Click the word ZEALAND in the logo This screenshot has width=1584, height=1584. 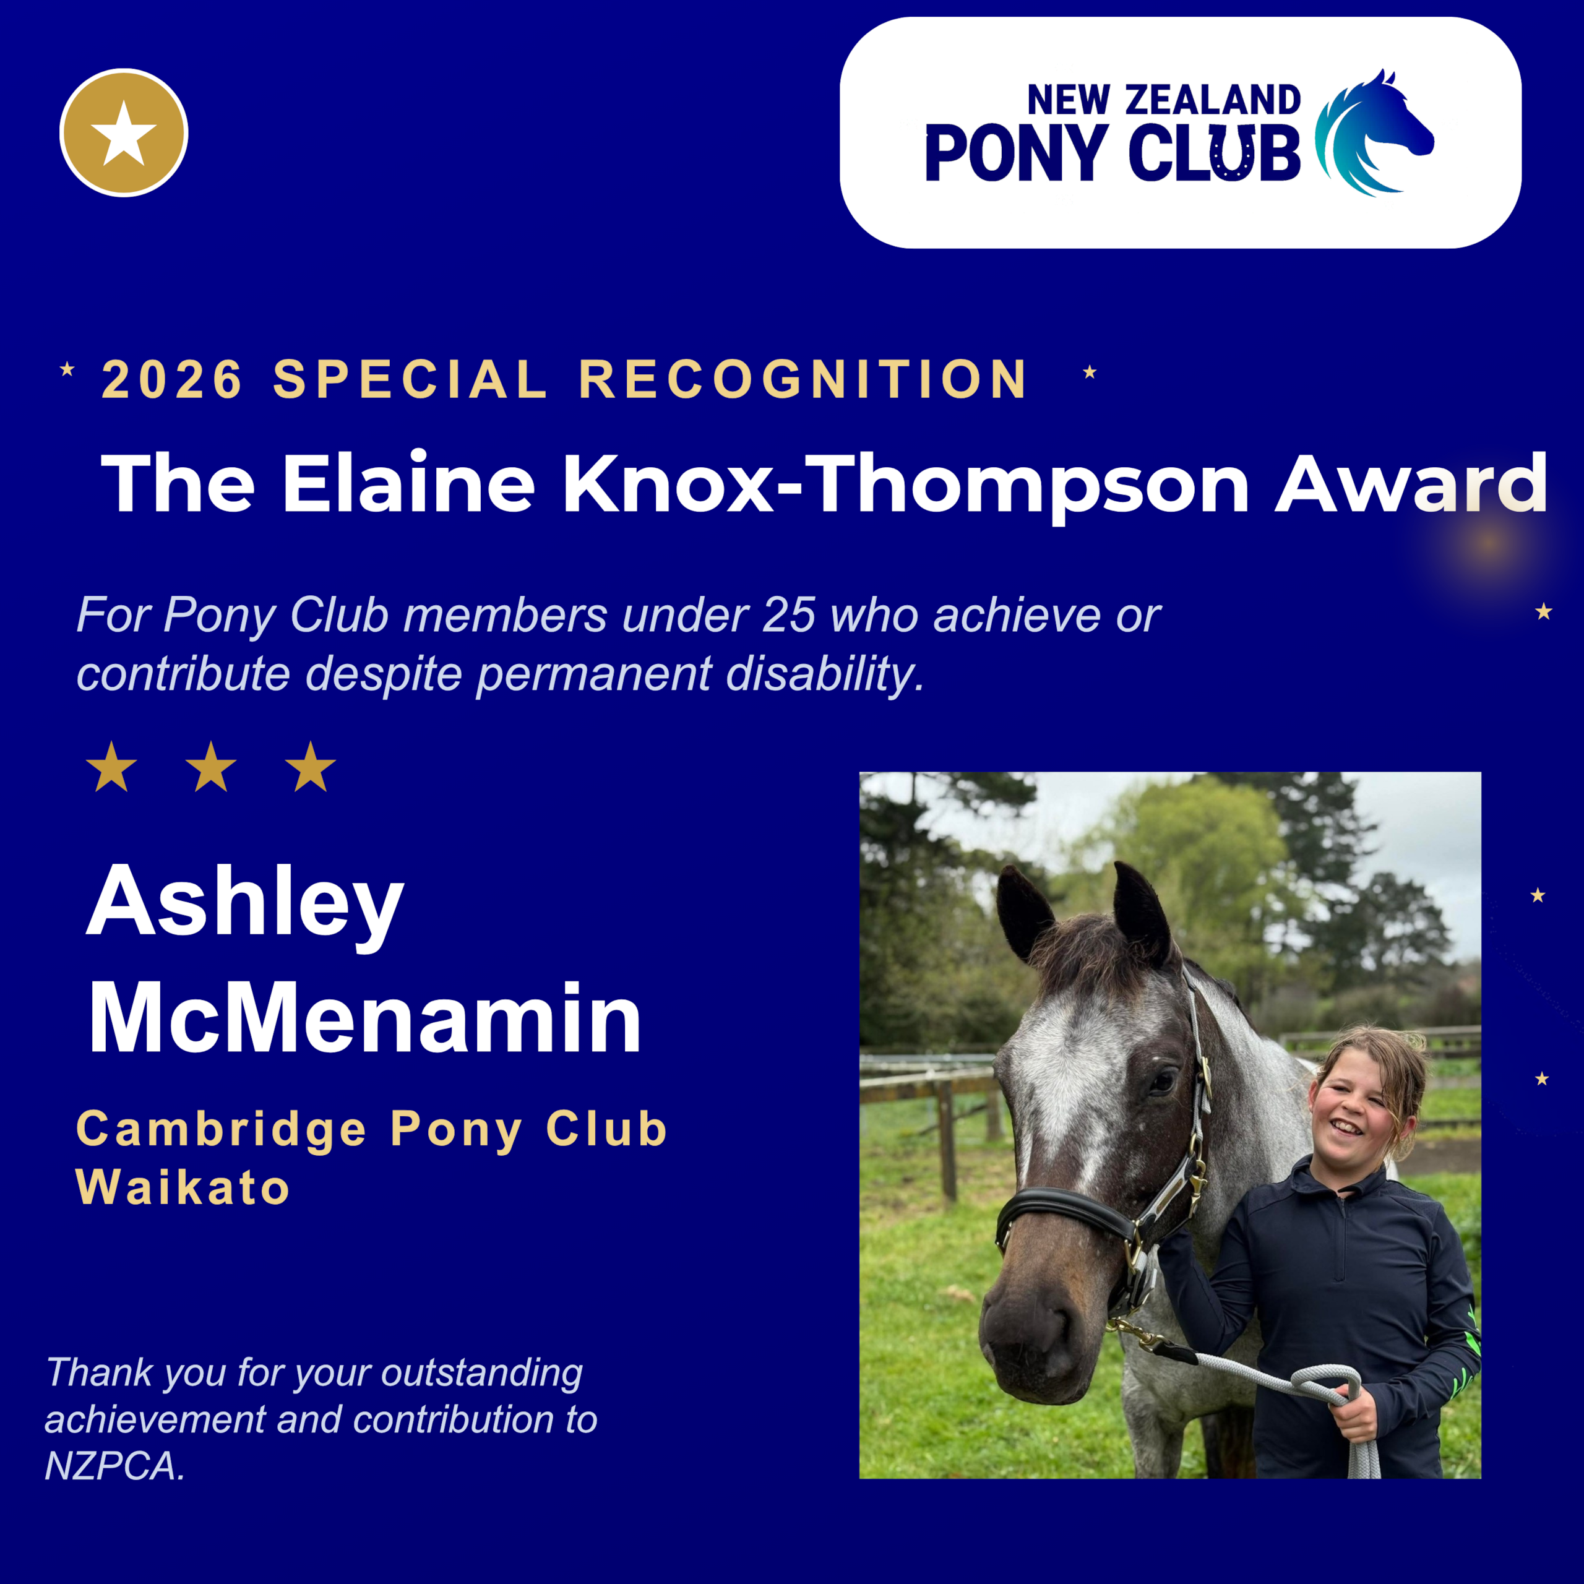coord(1213,100)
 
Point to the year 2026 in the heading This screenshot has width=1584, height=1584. coord(172,379)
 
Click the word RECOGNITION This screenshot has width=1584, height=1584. coord(804,379)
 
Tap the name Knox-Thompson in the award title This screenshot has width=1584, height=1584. coord(905,484)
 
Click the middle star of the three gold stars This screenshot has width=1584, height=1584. coord(211,767)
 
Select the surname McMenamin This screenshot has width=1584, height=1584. coord(365,1017)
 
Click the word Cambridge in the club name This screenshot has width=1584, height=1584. coord(222,1130)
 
